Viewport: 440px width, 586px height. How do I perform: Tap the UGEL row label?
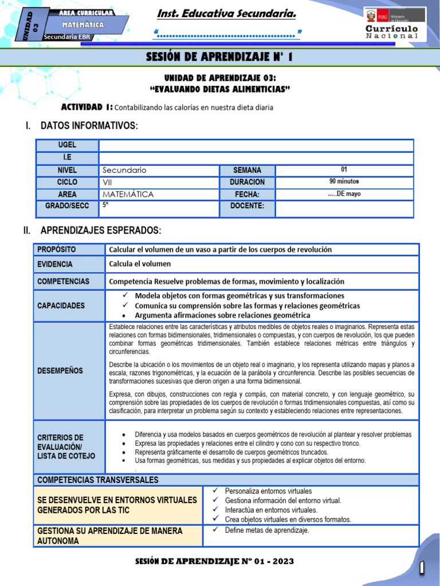[x=67, y=145]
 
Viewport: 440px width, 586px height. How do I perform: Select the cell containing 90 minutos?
[x=344, y=182]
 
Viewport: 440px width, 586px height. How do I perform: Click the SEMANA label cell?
[x=247, y=170]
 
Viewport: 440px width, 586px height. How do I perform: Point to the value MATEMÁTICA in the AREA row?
[x=128, y=195]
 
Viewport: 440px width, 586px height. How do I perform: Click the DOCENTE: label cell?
[x=247, y=206]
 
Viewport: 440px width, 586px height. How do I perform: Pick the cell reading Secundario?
[x=124, y=170]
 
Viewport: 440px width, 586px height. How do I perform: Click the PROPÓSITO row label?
[x=56, y=250]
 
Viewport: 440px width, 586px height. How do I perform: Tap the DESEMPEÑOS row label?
[x=60, y=371]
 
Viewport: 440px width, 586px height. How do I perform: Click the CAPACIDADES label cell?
[x=61, y=306]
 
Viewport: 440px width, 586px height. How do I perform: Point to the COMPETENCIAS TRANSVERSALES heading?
[x=97, y=480]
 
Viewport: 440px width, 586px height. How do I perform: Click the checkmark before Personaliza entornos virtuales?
[x=215, y=491]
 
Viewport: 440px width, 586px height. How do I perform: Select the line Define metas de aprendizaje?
[x=266, y=530]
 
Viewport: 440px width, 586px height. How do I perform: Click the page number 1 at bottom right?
[x=422, y=568]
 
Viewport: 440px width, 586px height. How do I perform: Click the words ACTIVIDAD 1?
[x=87, y=108]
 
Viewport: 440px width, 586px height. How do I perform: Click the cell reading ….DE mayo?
[x=344, y=194]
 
